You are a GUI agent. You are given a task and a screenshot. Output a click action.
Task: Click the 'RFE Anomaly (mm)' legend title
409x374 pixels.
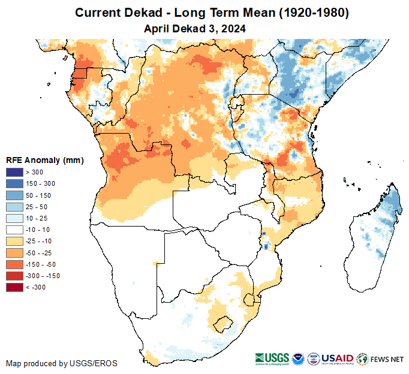44,161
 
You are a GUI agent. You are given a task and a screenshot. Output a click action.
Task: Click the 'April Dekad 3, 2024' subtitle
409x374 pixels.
195,28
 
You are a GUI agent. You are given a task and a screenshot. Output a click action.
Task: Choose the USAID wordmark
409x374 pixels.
337,358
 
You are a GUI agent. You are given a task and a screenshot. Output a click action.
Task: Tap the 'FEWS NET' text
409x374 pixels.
388,359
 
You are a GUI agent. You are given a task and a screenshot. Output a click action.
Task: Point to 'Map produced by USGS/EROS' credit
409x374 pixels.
62,363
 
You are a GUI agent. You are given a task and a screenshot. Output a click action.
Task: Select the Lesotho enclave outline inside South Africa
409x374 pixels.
222,324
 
